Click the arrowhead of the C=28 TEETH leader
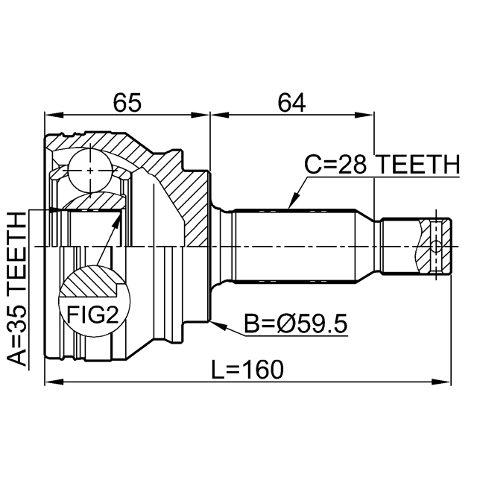tap(290, 205)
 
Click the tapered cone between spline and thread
tap(367, 246)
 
